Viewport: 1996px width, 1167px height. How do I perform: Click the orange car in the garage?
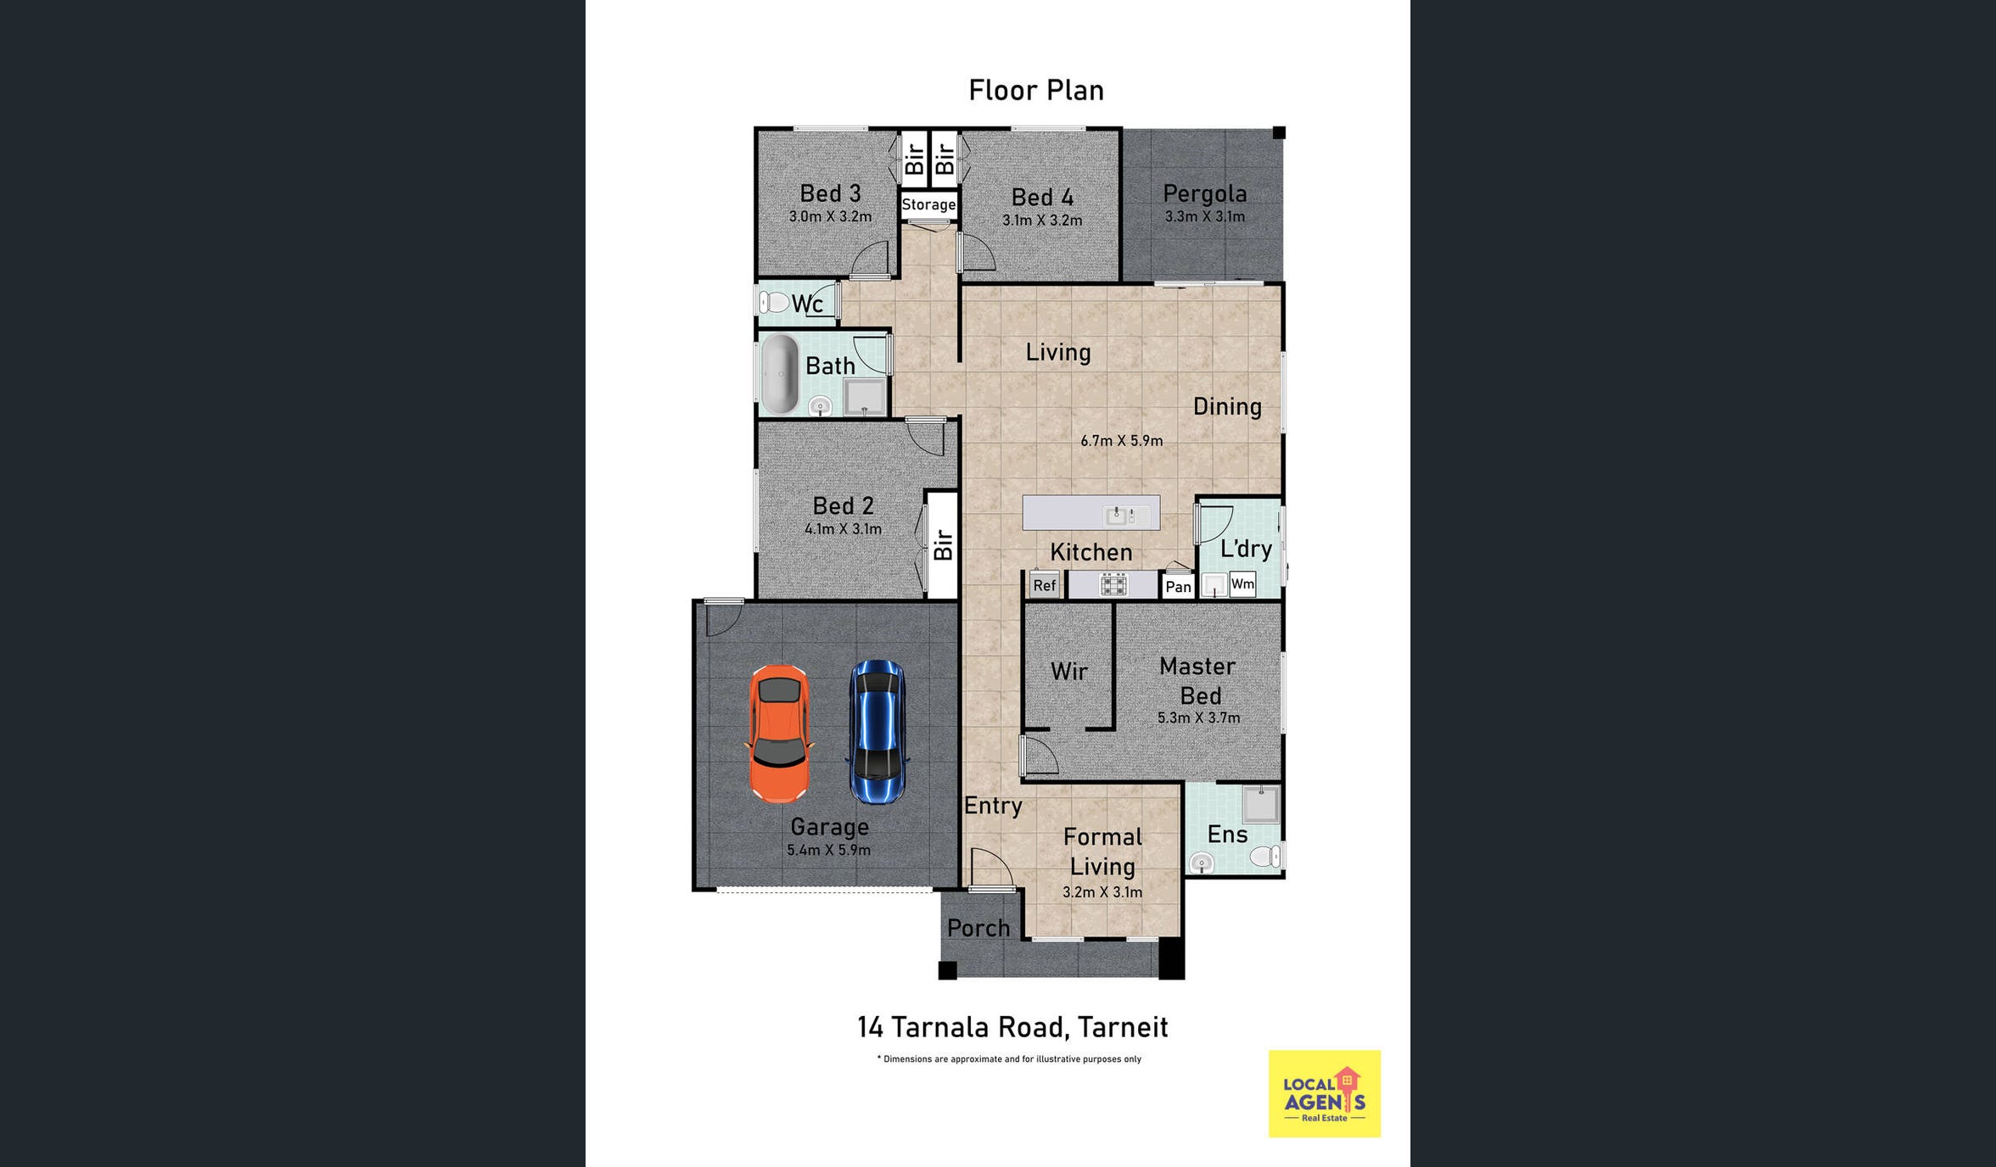click(778, 734)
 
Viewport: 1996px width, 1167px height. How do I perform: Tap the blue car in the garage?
click(877, 732)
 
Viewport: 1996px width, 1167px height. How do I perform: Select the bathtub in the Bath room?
click(780, 374)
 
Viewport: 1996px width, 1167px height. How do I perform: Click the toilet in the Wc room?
click(774, 302)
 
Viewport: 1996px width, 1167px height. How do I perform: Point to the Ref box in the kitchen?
click(1045, 585)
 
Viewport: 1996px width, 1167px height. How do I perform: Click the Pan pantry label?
click(1178, 587)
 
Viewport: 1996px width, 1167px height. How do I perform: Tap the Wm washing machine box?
click(1242, 583)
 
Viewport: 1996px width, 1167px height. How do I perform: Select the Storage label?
click(928, 204)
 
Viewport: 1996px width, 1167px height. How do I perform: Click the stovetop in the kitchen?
click(1113, 584)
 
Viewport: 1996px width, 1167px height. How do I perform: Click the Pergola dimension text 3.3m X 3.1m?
click(1205, 216)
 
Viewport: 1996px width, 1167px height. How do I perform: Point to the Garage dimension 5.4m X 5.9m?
click(829, 850)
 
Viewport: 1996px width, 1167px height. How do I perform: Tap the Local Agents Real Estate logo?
click(1325, 1094)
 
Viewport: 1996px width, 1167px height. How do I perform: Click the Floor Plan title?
click(1036, 90)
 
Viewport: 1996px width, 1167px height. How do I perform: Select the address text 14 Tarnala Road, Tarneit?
click(1012, 1027)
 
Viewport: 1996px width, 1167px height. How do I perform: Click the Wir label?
click(1069, 672)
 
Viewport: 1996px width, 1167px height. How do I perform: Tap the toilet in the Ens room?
click(1265, 856)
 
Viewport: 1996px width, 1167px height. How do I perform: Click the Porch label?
click(978, 928)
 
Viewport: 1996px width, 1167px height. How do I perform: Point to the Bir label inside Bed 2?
click(943, 544)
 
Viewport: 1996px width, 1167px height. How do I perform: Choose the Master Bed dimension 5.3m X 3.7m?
click(1199, 718)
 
